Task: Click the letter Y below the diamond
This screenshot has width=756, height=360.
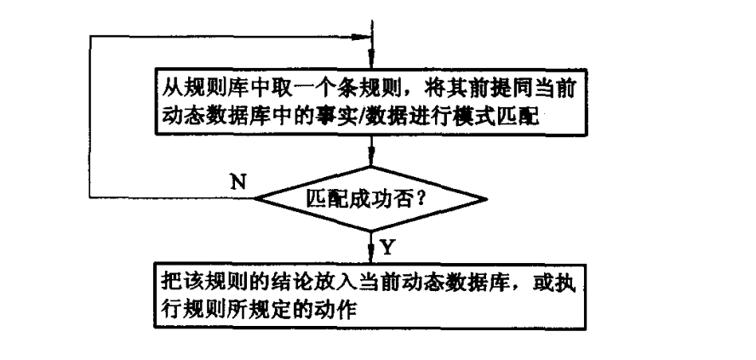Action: (x=387, y=247)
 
